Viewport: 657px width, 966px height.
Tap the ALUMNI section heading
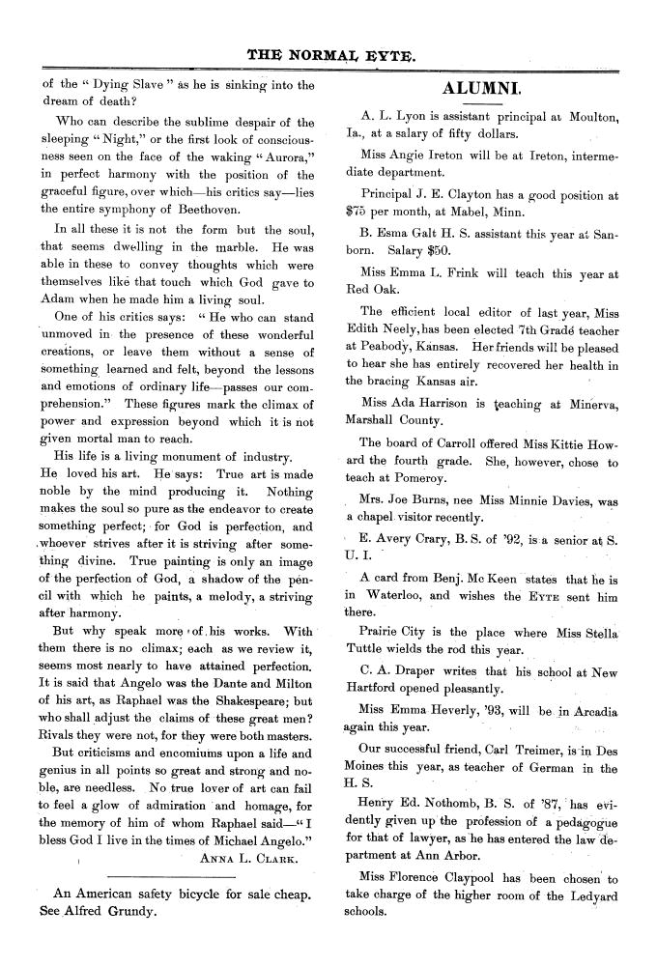pyautogui.click(x=482, y=91)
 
